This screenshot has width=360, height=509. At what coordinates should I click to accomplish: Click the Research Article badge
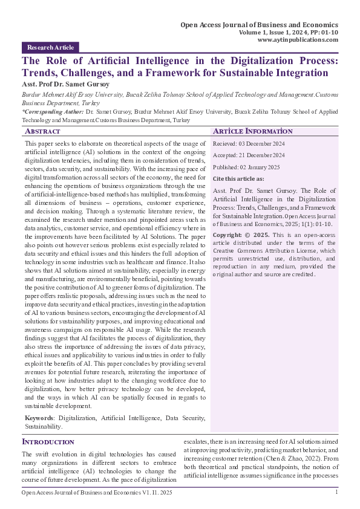coord(50,47)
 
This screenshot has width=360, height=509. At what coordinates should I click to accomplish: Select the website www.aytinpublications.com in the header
coord(298,39)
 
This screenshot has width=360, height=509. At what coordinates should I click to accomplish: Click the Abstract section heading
coord(42,131)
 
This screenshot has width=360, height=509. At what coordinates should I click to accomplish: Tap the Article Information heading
coord(253,131)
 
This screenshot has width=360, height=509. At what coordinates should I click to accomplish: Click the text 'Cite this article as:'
coord(238,179)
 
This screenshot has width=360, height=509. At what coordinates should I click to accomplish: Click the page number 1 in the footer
coord(336,493)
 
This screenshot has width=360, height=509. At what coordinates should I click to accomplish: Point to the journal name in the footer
coord(97,493)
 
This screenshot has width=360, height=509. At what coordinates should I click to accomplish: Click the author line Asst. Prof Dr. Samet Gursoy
coord(66,83)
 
